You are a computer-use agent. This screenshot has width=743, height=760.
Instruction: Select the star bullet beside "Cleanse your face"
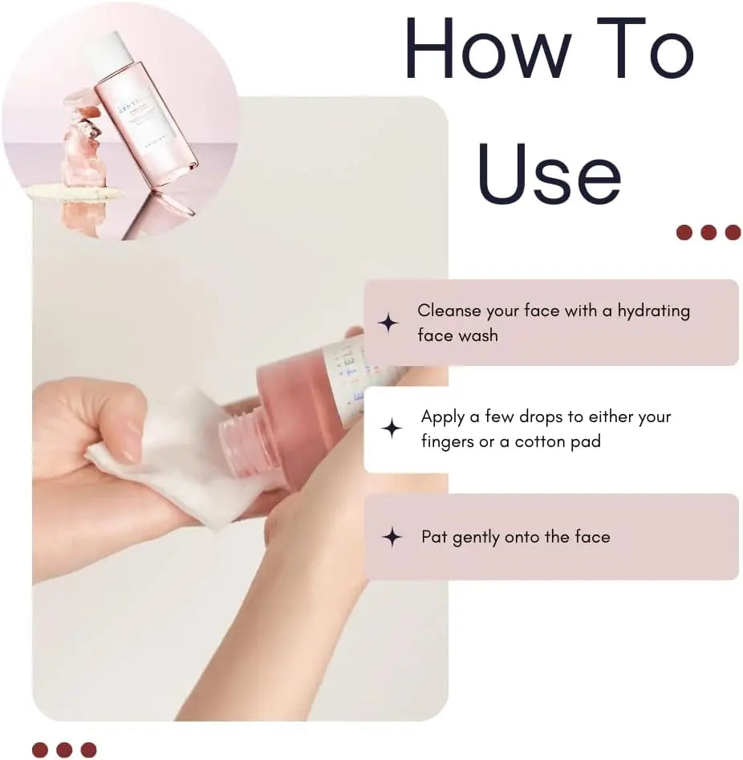(388, 323)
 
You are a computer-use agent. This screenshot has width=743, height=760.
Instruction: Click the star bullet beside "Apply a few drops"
(391, 429)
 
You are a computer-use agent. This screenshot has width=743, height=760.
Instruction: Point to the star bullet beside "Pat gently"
(391, 537)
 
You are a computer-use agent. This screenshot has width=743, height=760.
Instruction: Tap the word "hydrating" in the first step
(653, 311)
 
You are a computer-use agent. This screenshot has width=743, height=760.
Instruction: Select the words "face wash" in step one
(457, 335)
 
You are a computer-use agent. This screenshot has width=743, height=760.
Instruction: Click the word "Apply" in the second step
(444, 417)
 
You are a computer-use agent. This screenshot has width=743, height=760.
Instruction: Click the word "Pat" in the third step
(434, 537)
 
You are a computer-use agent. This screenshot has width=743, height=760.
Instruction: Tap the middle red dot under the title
(708, 233)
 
